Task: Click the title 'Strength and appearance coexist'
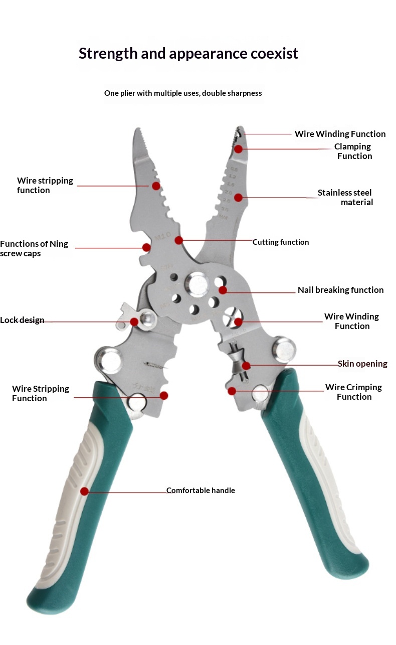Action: pyautogui.click(x=188, y=53)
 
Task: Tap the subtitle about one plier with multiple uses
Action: pyautogui.click(x=183, y=93)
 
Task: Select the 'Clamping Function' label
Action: pyautogui.click(x=353, y=151)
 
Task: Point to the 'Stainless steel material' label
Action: pyautogui.click(x=346, y=198)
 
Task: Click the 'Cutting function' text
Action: pyautogui.click(x=281, y=242)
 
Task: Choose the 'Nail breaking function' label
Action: pyautogui.click(x=340, y=290)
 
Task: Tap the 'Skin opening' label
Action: pyautogui.click(x=362, y=364)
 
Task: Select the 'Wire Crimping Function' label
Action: pyautogui.click(x=353, y=392)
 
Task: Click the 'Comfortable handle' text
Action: pyautogui.click(x=201, y=491)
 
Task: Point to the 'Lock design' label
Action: pyautogui.click(x=22, y=320)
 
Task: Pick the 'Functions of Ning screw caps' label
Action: pyautogui.click(x=34, y=249)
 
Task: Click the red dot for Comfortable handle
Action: pyautogui.click(x=84, y=491)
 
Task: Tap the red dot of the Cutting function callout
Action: pyautogui.click(x=179, y=241)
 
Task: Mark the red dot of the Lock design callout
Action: pyautogui.click(x=134, y=321)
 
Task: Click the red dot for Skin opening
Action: pyautogui.click(x=246, y=365)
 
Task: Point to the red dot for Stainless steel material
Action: pyautogui.click(x=239, y=198)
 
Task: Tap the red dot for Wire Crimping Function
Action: pyautogui.click(x=232, y=391)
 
